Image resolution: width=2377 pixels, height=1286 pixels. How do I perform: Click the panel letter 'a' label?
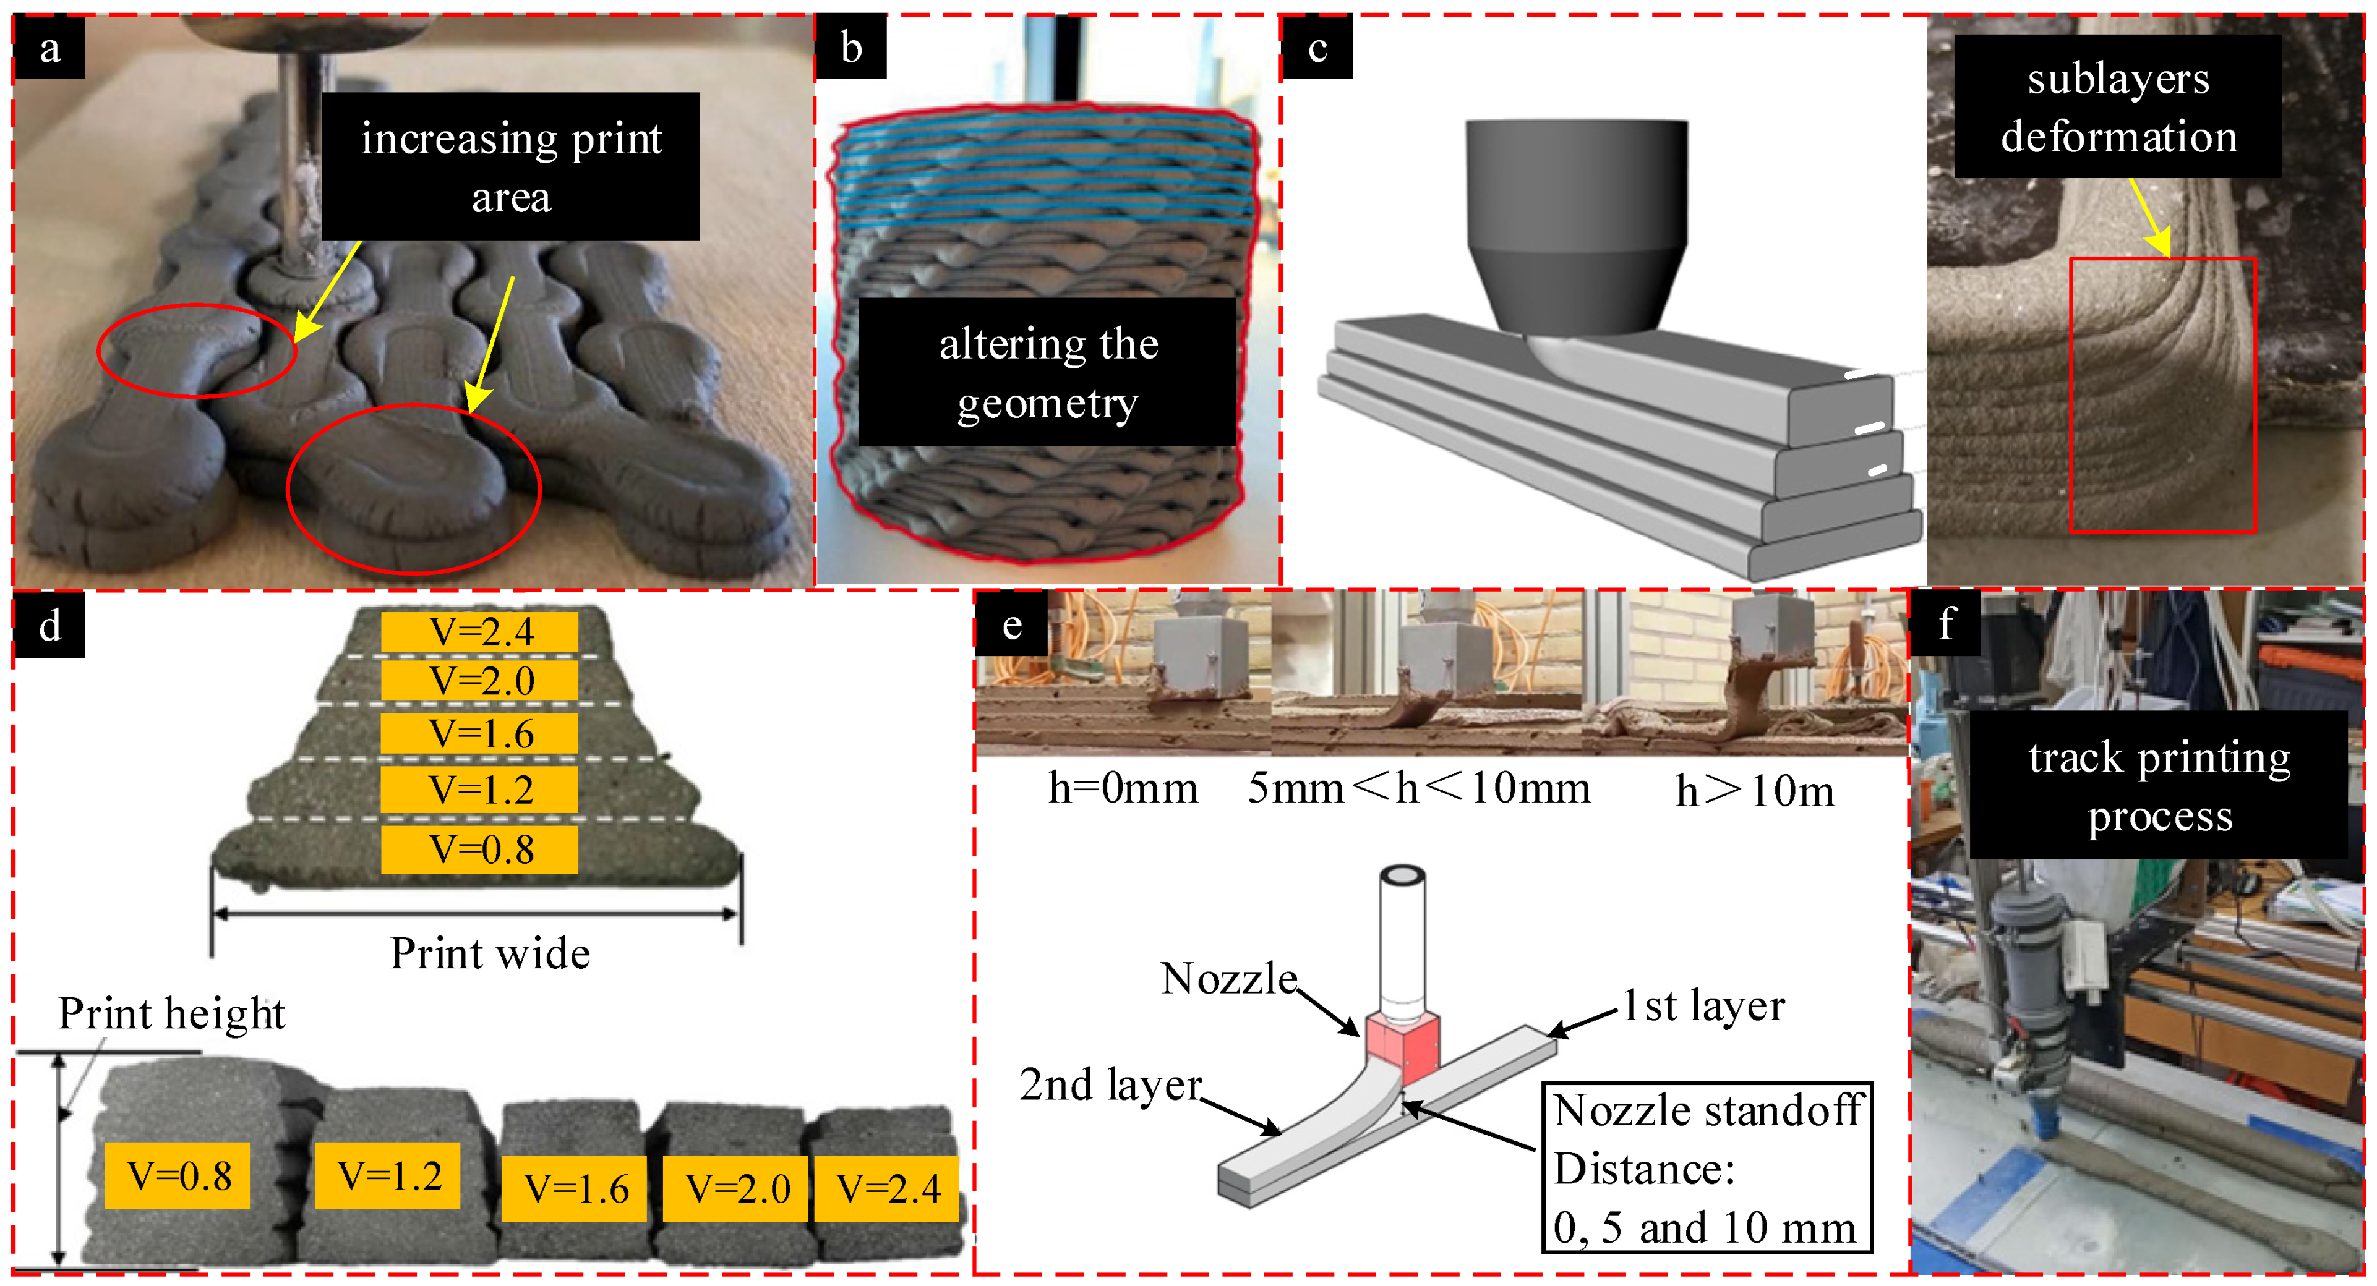(50, 48)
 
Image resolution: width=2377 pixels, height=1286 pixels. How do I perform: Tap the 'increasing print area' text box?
(510, 167)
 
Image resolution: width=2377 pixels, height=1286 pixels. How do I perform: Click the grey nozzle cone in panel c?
(1577, 231)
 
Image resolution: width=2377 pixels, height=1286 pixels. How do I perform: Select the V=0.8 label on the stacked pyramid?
(480, 850)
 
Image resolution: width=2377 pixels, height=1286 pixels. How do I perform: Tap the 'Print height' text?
(171, 1014)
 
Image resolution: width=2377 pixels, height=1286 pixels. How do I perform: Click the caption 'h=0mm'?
(1123, 790)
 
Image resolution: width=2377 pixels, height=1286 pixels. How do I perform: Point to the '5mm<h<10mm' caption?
(1418, 790)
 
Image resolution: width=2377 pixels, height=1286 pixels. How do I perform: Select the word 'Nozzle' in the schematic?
(1228, 979)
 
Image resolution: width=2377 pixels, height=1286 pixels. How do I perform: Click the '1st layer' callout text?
(1703, 1007)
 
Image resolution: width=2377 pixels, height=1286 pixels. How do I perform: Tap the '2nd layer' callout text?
(1111, 1085)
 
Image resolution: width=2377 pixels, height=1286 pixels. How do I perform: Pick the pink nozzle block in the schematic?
(1403, 1047)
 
